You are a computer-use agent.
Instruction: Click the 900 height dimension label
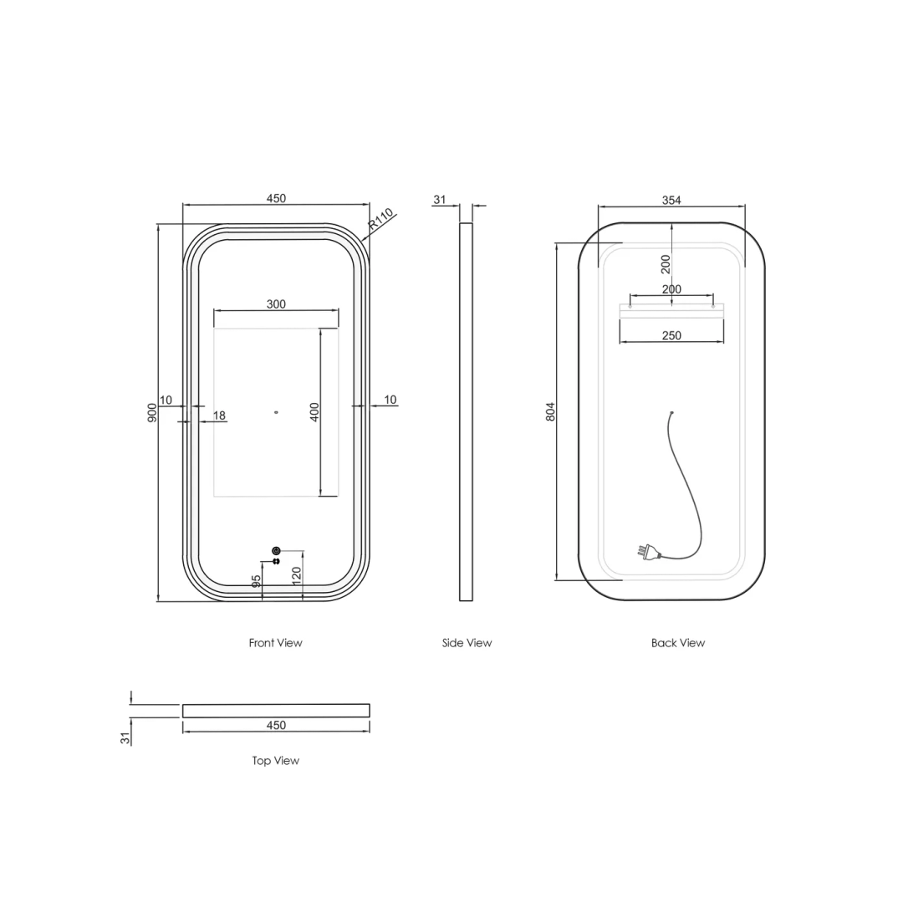(x=152, y=412)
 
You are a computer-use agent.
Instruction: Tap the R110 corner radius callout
(x=380, y=219)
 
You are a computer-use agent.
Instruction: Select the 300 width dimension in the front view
(x=276, y=304)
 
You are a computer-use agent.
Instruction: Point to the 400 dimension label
(x=314, y=412)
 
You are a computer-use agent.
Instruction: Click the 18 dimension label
(x=219, y=416)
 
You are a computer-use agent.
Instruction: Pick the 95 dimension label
(x=257, y=581)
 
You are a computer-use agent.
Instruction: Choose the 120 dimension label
(x=297, y=576)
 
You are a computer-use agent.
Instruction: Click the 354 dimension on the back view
(x=671, y=200)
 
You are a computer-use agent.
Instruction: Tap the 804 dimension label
(x=550, y=411)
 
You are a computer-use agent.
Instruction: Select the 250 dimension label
(x=671, y=335)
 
